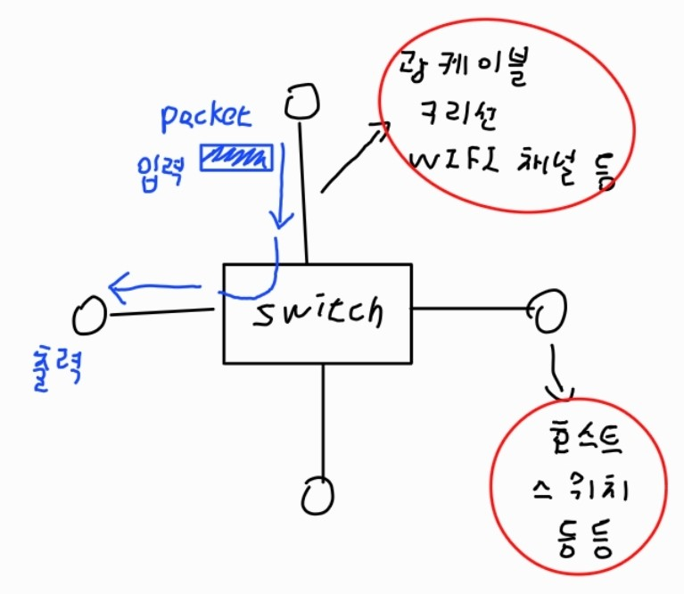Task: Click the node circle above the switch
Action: click(x=301, y=101)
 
